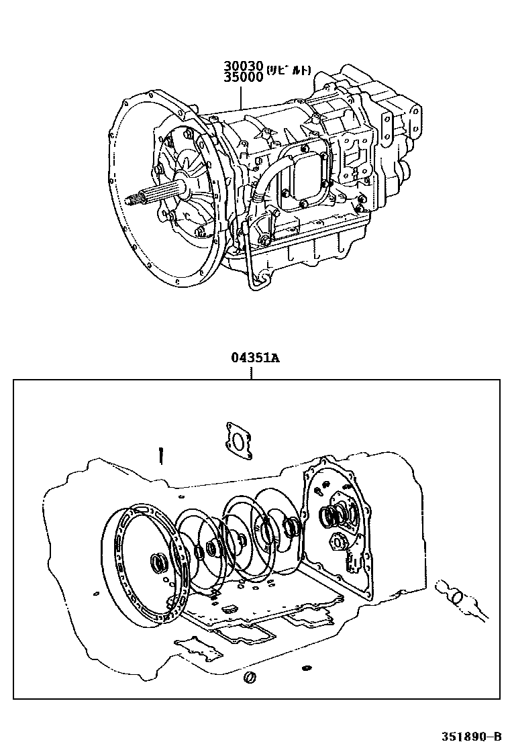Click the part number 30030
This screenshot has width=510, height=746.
pos(244,66)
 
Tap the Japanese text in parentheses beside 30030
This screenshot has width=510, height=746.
pos(289,68)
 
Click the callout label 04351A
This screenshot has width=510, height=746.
pos(255,358)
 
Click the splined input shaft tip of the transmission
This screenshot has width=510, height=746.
pos(138,198)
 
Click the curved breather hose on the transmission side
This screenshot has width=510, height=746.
pos(262,181)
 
